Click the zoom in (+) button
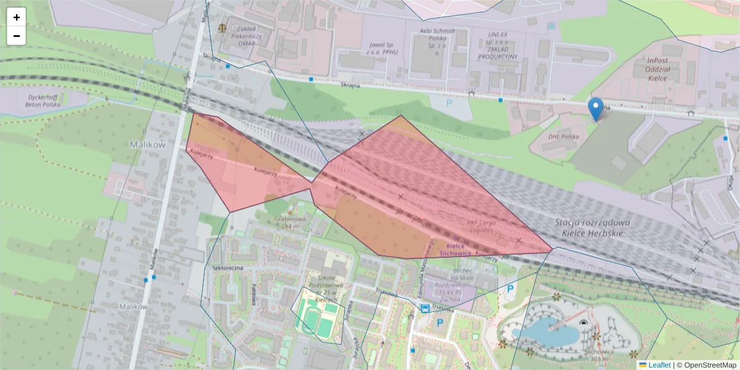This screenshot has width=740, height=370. click(x=17, y=17)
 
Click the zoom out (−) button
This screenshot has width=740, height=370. click(x=17, y=36)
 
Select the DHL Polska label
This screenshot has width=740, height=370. click(x=563, y=136)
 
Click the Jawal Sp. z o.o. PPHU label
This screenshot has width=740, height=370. click(x=382, y=49)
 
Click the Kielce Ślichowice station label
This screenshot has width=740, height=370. click(x=455, y=249)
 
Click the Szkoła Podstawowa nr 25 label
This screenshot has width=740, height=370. click(x=324, y=287)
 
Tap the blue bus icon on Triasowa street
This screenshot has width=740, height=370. click(x=425, y=308)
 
